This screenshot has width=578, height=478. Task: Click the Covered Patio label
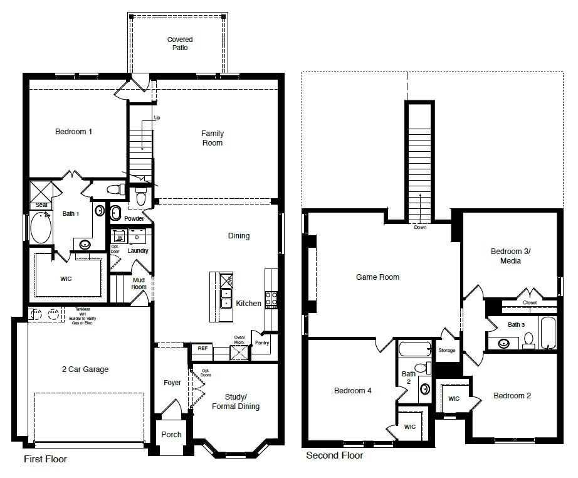pos(179,43)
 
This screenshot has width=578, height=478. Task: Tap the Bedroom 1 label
pos(73,132)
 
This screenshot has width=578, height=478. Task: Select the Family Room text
pos(212,138)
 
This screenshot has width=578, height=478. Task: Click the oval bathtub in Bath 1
pos(41,228)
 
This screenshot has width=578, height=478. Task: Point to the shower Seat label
pos(41,205)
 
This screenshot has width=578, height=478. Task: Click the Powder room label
pos(134,219)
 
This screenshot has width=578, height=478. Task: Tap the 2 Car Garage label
pos(85,369)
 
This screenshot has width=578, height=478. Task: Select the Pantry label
pos(261,343)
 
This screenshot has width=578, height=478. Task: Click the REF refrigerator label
pos(202,348)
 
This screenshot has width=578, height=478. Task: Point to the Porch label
pos(171,434)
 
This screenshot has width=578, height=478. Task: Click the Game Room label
pos(377,277)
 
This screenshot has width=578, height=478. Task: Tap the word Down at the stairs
pos(419,227)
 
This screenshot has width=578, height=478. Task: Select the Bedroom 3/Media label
pos(510,256)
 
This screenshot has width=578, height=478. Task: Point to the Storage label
pos(447,350)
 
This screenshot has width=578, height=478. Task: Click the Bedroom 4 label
pos(352,391)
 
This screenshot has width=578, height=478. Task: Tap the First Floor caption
pos(45,459)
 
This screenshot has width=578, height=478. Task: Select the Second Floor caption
pos(334,455)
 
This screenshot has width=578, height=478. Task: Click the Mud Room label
pos(139,284)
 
